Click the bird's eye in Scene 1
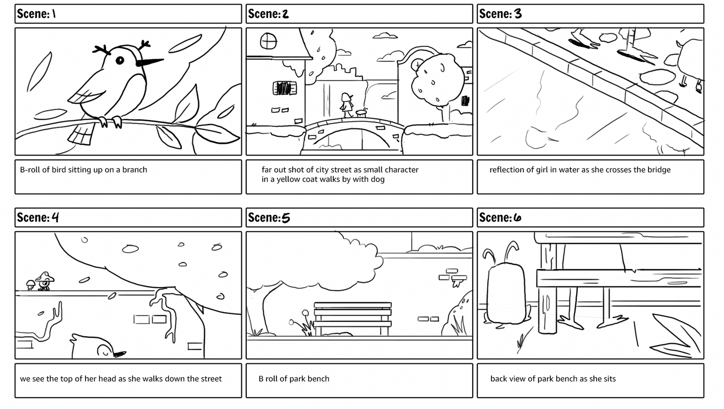pos(120,60)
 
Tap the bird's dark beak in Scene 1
pos(149,62)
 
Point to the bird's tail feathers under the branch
pos(81,134)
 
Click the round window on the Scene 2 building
pos(268,41)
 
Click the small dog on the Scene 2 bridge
pos(362,112)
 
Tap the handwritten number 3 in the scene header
pos(518,14)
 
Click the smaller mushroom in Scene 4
pos(30,285)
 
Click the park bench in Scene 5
pos(352,317)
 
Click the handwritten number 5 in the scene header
pos(286,218)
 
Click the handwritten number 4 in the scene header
pos(55,218)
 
